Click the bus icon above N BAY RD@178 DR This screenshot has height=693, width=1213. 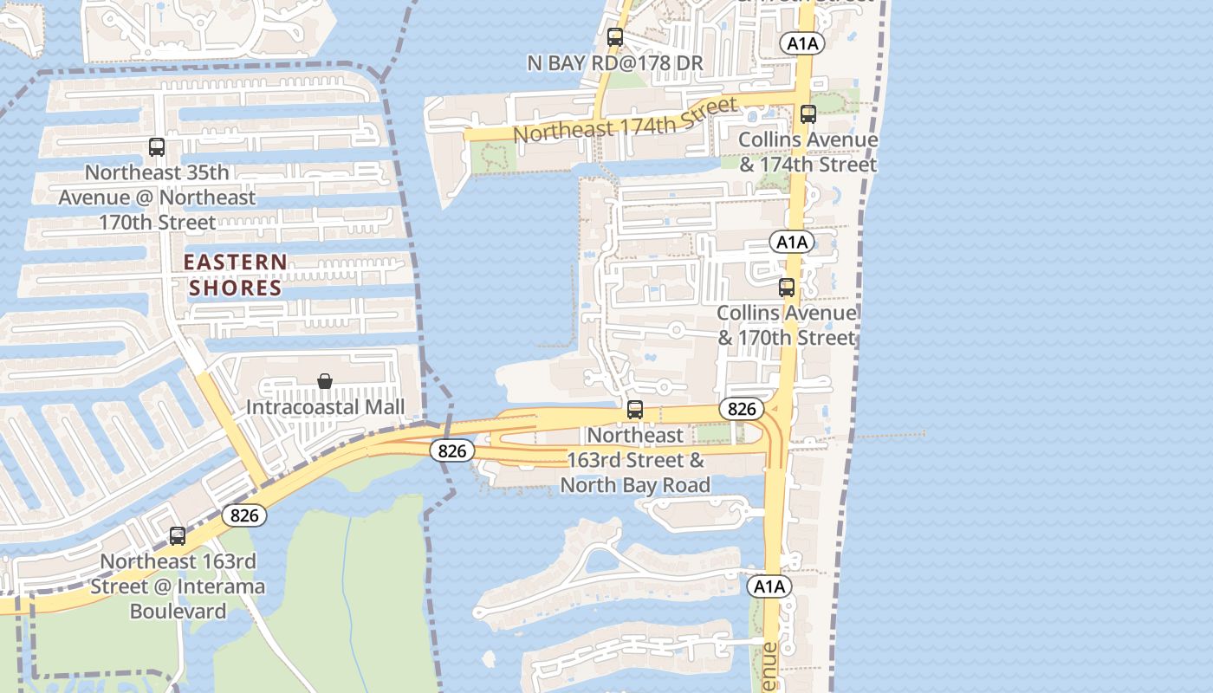[615, 37]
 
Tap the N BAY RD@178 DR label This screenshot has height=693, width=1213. [615, 63]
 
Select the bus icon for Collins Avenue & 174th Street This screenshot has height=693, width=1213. [808, 113]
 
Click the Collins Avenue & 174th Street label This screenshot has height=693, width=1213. [808, 152]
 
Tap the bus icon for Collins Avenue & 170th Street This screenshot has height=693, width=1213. [787, 288]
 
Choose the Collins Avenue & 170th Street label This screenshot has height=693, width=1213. [787, 325]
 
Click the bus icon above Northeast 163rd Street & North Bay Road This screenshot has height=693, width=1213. [635, 410]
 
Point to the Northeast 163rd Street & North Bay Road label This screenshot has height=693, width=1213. [635, 459]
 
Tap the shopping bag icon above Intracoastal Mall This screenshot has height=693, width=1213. [325, 381]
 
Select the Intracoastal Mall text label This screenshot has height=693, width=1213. [325, 406]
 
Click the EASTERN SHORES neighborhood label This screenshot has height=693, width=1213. [236, 275]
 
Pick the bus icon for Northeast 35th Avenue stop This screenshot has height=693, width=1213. [157, 147]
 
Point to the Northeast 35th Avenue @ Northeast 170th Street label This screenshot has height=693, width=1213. [157, 198]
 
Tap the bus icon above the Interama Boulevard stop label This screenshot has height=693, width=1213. [178, 536]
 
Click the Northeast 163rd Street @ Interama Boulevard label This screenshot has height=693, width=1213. [178, 586]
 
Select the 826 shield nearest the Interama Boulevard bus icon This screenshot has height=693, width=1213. [244, 515]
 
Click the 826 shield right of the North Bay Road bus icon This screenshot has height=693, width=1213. [742, 409]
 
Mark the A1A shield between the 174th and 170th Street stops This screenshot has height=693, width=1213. [792, 242]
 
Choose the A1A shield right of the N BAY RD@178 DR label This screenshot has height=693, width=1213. [802, 42]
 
